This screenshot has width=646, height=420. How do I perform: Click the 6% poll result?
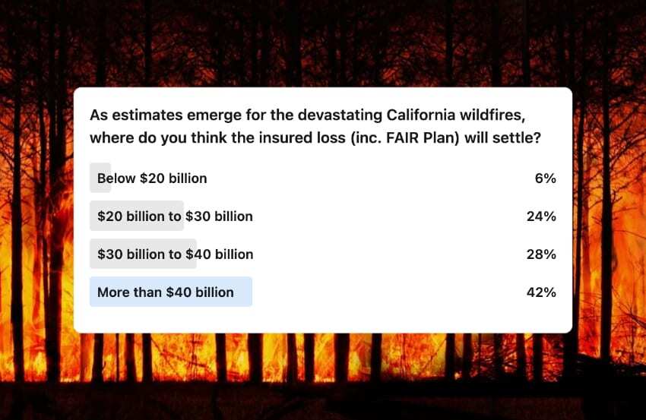tap(546, 178)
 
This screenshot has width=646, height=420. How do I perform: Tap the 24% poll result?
tap(541, 216)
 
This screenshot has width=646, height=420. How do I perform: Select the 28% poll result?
tap(541, 254)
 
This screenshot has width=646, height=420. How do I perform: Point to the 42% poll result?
tap(541, 292)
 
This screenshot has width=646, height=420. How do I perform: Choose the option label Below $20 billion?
tap(152, 178)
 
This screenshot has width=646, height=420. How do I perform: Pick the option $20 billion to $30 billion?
tap(175, 216)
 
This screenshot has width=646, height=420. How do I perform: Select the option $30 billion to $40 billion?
tap(175, 254)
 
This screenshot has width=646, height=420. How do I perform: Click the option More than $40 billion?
tap(166, 292)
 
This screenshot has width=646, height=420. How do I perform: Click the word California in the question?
tap(420, 115)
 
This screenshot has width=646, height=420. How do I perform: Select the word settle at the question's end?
tap(517, 137)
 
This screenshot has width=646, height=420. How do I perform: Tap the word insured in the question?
tap(286, 137)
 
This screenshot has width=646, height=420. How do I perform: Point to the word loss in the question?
tap(331, 137)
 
